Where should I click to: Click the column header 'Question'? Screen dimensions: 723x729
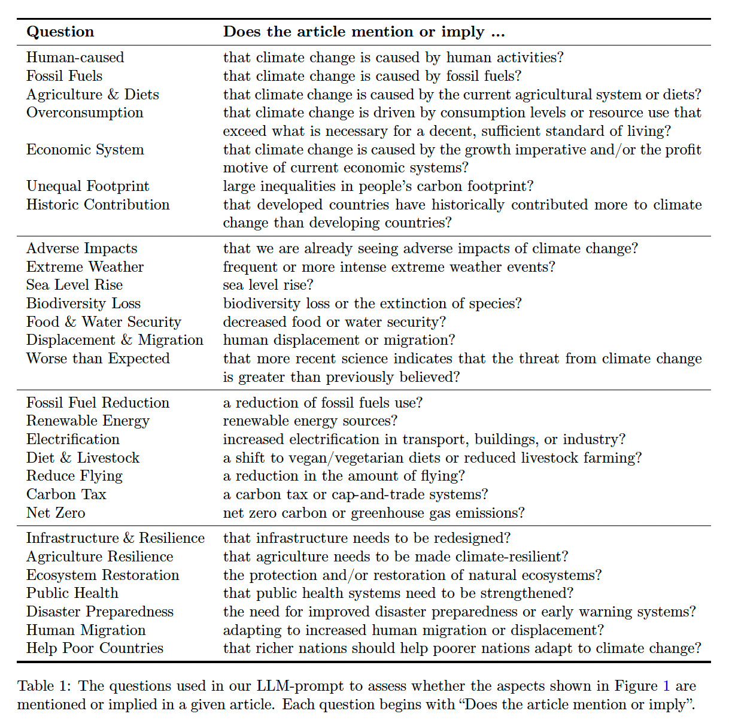pyautogui.click(x=60, y=32)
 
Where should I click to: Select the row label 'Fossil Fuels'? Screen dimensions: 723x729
pyautogui.click(x=64, y=76)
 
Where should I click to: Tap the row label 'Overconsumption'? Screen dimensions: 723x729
pyautogui.click(x=84, y=113)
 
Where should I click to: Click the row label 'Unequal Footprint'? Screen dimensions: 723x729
pyautogui.click(x=87, y=186)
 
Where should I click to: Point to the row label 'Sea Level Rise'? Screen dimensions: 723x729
pyautogui.click(x=74, y=285)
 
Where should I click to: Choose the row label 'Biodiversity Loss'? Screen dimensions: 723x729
pyautogui.click(x=83, y=303)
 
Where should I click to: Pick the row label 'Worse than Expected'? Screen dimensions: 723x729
pyautogui.click(x=98, y=359)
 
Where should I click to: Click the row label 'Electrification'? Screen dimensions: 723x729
pyautogui.click(x=72, y=439)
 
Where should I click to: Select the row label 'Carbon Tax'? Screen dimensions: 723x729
pyautogui.click(x=66, y=494)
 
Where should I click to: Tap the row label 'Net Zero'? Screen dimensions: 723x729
pyautogui.click(x=56, y=513)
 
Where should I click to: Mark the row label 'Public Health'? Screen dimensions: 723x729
pyautogui.click(x=72, y=593)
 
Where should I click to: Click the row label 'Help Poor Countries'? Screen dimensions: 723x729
pyautogui.click(x=95, y=648)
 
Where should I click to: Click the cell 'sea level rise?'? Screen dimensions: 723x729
pyautogui.click(x=268, y=285)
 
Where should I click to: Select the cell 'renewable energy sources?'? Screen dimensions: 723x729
pyautogui.click(x=310, y=421)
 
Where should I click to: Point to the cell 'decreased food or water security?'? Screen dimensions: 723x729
pyautogui.click(x=334, y=322)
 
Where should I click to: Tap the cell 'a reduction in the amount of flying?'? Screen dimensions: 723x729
pyautogui.click(x=344, y=476)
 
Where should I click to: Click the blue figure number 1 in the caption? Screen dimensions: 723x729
pyautogui.click(x=666, y=686)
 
